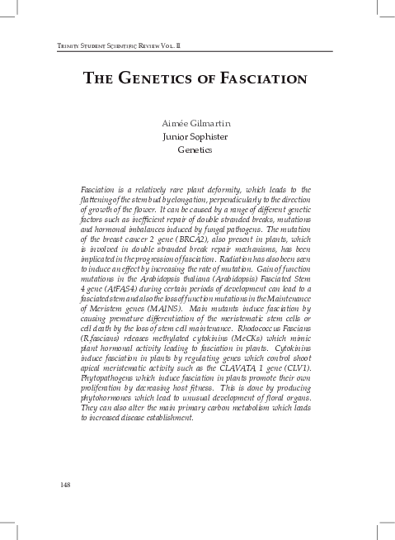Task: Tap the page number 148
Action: (66, 483)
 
